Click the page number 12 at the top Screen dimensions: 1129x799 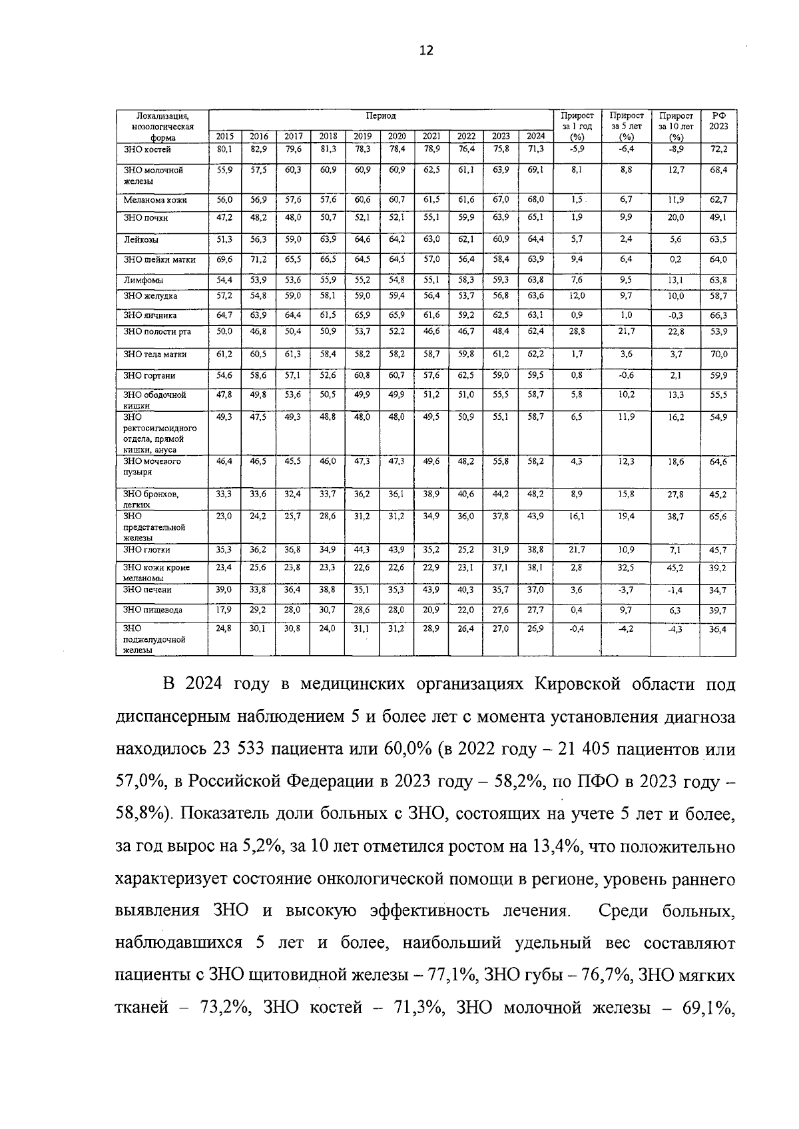(x=426, y=50)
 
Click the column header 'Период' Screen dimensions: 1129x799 (x=380, y=116)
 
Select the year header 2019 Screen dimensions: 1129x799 (x=362, y=137)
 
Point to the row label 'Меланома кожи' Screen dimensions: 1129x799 (x=154, y=200)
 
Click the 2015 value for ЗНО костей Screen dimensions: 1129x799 (x=224, y=149)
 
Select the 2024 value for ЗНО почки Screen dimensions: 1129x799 (x=535, y=217)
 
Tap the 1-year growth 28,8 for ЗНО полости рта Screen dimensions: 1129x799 (x=577, y=331)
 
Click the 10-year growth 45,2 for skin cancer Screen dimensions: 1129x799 (x=676, y=568)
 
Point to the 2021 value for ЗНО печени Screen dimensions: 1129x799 (x=431, y=590)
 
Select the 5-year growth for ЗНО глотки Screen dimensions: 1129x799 (x=625, y=550)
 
